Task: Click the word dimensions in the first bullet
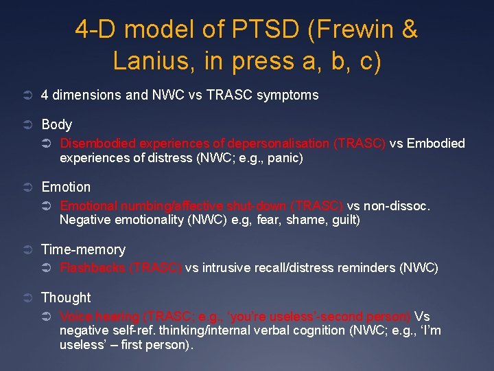[x=87, y=95]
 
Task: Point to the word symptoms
[x=287, y=95]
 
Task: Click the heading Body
[x=56, y=124]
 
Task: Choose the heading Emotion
[x=66, y=187]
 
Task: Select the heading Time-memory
[x=83, y=249]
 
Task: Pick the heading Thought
[x=66, y=297]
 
